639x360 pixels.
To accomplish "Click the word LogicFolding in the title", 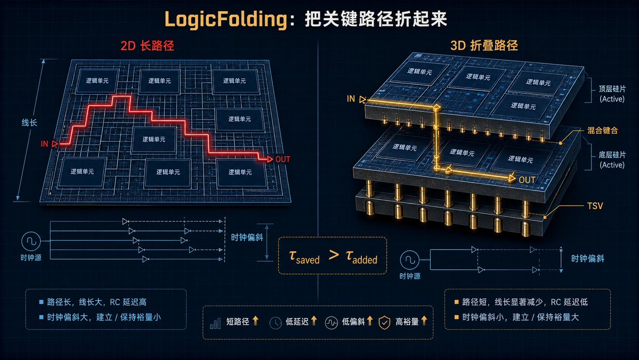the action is click(x=226, y=20).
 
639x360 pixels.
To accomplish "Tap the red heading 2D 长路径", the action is click(x=147, y=45).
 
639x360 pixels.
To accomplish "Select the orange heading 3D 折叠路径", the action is click(x=484, y=45).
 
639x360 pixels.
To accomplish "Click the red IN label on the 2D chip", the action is click(x=44, y=144).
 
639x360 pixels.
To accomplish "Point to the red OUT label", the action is click(x=283, y=159).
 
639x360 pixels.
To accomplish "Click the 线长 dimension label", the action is click(x=29, y=122).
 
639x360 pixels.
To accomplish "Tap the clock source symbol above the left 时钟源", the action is click(x=31, y=242).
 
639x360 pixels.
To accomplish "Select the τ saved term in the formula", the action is click(x=304, y=257).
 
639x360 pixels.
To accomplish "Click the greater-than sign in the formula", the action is click(x=334, y=255).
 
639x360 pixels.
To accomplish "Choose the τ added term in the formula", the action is click(x=361, y=257).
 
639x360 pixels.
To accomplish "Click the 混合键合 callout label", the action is click(x=602, y=131).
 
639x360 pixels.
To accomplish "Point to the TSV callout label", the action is click(x=595, y=206).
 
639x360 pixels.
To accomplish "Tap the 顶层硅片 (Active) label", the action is click(x=612, y=94).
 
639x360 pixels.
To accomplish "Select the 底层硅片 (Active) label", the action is click(x=612, y=160).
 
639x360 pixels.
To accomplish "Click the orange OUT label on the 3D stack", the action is click(x=527, y=180).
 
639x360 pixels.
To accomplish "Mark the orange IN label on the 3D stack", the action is click(x=351, y=99).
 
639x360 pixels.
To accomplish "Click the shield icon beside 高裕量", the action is click(x=384, y=323).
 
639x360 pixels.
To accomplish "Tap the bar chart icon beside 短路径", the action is click(x=215, y=323).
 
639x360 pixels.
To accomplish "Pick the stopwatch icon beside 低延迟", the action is click(x=276, y=323).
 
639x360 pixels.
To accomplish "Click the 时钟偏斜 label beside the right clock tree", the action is click(x=588, y=259).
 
